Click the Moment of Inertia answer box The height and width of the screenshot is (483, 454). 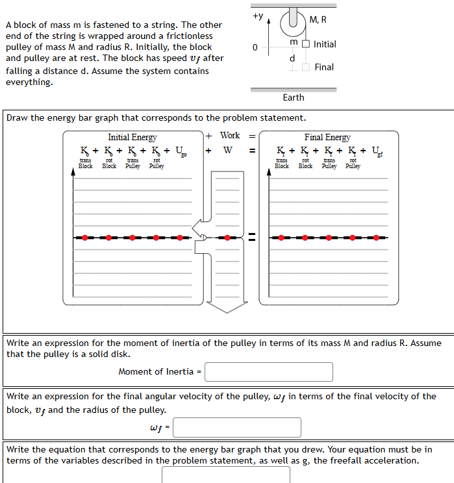pyautogui.click(x=269, y=372)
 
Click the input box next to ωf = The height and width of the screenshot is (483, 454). pyautogui.click(x=237, y=427)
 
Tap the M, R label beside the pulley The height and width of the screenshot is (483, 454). pyautogui.click(x=318, y=20)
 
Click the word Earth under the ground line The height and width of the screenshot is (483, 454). pyautogui.click(x=293, y=97)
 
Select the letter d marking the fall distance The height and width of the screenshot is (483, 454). pyautogui.click(x=292, y=58)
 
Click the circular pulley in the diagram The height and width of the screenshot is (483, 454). pyautogui.click(x=294, y=19)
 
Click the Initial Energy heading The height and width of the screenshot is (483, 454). pyautogui.click(x=132, y=137)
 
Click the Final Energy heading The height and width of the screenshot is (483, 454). pyautogui.click(x=327, y=137)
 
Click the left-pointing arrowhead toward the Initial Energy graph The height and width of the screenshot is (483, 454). pyautogui.click(x=197, y=227)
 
